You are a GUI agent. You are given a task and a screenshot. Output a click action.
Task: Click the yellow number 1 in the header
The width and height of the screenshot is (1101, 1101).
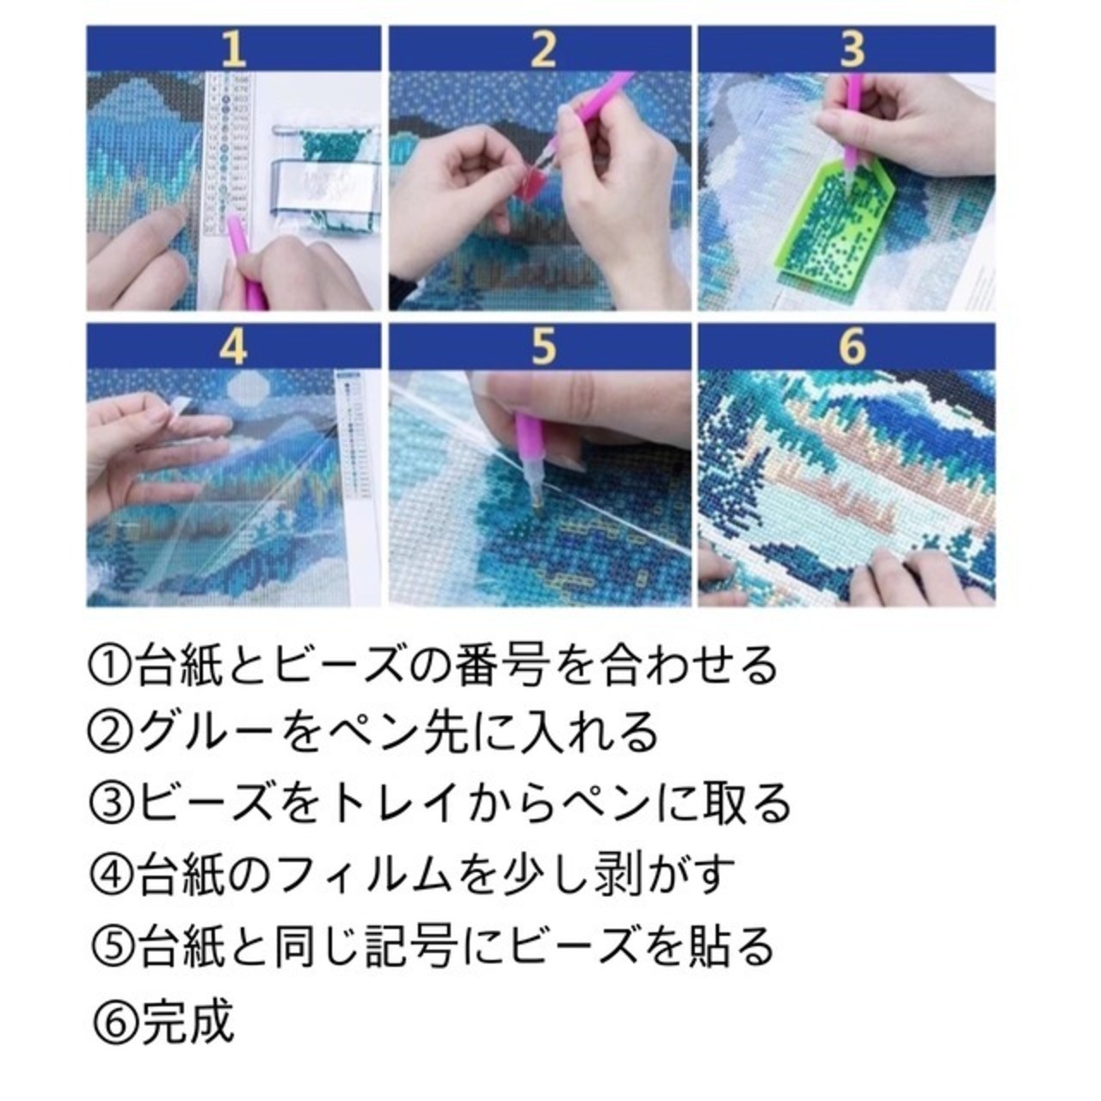click(234, 50)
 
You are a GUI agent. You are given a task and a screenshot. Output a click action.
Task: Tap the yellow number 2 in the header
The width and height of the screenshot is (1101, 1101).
click(543, 50)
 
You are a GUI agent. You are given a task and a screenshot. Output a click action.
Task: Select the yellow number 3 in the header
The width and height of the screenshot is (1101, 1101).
click(852, 49)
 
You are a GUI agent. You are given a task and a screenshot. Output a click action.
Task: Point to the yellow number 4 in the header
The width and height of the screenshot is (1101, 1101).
click(234, 348)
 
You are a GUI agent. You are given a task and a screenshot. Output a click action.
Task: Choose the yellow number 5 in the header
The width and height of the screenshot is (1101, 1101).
click(543, 348)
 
